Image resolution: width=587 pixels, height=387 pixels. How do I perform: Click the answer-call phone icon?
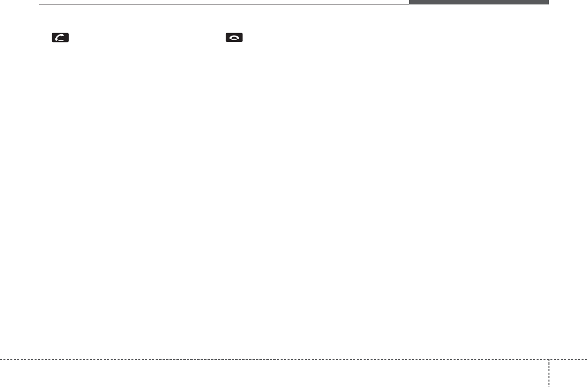(x=61, y=38)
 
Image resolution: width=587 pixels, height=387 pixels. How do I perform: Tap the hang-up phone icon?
(x=235, y=38)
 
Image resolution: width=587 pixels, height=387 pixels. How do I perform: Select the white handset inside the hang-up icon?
(x=235, y=38)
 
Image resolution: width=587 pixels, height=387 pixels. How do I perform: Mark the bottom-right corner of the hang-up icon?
(x=243, y=43)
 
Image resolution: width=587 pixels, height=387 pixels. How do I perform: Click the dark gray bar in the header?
(x=478, y=2)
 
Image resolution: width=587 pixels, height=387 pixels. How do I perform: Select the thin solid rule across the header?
(x=222, y=4)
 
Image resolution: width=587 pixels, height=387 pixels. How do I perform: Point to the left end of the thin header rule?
(x=40, y=4)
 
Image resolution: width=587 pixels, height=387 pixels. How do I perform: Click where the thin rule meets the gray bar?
(x=409, y=4)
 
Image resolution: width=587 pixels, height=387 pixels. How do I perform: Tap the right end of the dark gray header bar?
(x=548, y=2)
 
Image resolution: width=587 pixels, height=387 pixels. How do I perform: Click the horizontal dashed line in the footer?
(x=272, y=359)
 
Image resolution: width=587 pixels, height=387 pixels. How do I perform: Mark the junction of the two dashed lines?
(x=548, y=359)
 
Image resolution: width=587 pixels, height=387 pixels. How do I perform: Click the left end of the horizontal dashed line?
(x=0, y=359)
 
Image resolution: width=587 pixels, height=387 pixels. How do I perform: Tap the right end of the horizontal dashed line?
(x=586, y=359)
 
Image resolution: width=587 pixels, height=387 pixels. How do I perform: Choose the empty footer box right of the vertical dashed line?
(x=568, y=374)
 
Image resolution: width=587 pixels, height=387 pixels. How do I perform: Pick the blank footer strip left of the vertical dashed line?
(x=272, y=374)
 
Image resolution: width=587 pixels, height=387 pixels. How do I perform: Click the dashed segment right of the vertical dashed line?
(x=568, y=359)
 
